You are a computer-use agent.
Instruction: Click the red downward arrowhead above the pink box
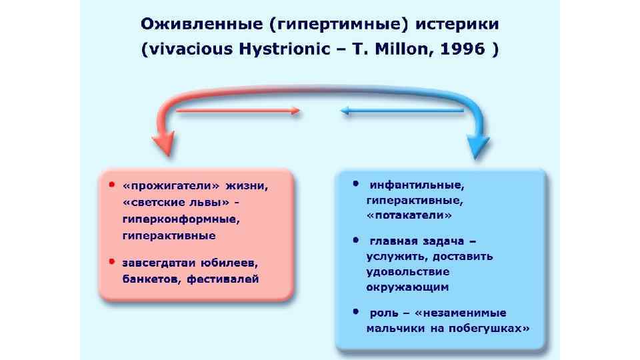click(162, 143)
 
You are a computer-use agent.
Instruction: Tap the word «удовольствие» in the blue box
click(407, 271)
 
